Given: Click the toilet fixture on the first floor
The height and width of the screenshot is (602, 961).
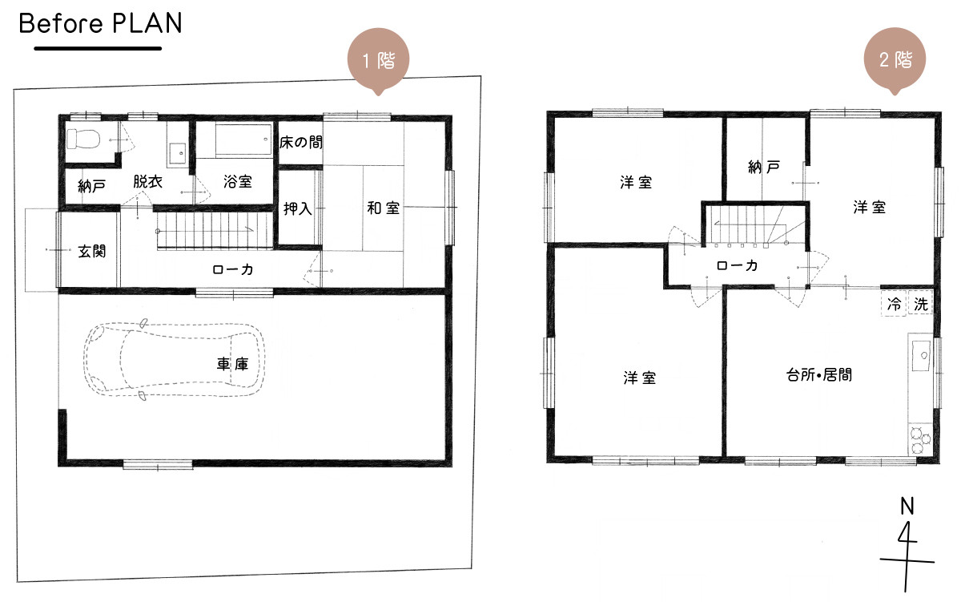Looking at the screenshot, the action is [83, 139].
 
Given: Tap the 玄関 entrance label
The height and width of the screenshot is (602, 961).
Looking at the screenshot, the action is [92, 251].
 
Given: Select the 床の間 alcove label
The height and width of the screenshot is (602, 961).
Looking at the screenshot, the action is [301, 142].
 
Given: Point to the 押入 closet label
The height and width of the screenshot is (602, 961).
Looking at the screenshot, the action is [297, 208].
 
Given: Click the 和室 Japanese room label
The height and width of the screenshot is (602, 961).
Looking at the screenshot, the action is [383, 208].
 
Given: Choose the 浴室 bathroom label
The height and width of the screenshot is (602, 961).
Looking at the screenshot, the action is [237, 181].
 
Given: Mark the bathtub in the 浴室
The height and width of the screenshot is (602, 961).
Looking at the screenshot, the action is [243, 139].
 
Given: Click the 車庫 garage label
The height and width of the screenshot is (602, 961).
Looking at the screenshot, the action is [232, 364].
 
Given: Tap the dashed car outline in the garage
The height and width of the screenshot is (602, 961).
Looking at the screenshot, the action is [174, 360].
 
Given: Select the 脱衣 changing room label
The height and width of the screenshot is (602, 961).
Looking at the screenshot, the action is [147, 181].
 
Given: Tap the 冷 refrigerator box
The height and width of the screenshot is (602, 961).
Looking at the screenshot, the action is [894, 304].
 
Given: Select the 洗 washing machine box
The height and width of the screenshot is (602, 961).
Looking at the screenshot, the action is [921, 304].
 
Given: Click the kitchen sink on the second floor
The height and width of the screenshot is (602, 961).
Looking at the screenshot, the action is [921, 356].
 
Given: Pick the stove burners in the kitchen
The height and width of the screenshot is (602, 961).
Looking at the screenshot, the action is [920, 439].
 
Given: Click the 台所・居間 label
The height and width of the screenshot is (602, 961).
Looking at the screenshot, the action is [818, 375].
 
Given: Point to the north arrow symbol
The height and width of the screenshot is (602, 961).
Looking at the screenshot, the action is [907, 544].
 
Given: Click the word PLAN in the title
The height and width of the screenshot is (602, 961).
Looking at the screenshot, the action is [147, 23].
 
